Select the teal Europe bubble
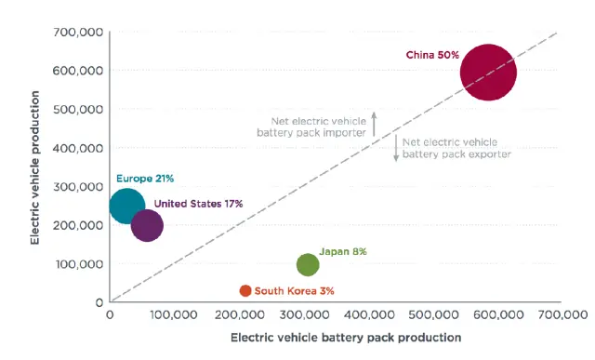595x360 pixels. pos(127,206)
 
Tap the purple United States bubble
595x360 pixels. pos(147,225)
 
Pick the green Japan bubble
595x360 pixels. pos(308,264)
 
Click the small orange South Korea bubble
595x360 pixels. pos(245,291)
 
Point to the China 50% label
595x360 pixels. pos(432,55)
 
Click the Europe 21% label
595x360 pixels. pos(145,178)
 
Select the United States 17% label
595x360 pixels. pos(198,203)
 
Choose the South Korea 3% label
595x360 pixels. pos(294,291)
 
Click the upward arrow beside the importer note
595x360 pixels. pos(374,125)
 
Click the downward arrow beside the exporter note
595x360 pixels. pos(395,148)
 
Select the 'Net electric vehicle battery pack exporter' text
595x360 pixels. pos(456,148)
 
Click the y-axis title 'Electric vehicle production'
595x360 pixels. pos(35,167)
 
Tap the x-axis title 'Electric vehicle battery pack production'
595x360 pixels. pos(345,337)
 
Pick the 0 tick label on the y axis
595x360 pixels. pos(98,302)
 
